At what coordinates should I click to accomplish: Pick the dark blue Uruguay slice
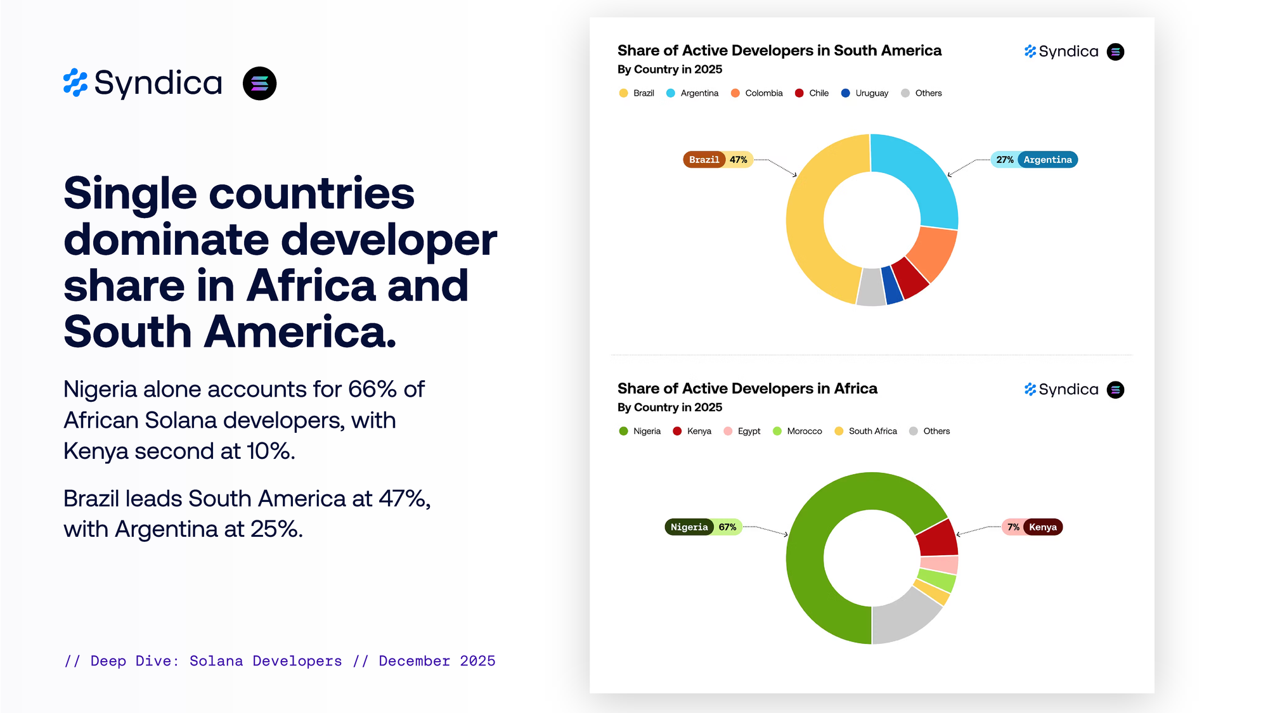pos(892,285)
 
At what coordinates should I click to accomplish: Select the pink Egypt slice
pos(940,565)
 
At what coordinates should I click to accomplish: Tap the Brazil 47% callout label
pos(718,160)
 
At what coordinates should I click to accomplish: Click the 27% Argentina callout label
pos(1034,160)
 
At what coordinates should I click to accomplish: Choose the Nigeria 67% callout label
pos(703,527)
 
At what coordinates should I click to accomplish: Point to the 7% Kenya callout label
pos(1032,527)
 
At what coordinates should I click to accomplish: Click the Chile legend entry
pos(812,93)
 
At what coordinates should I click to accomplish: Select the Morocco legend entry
pos(797,431)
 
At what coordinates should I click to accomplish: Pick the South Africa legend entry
pos(865,431)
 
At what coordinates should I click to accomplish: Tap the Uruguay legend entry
pos(864,93)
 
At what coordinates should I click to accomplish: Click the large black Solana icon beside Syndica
pos(259,84)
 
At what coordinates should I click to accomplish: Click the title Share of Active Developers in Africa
pos(747,389)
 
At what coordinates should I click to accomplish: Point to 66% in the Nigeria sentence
pos(373,389)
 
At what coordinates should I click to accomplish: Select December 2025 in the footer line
pos(437,661)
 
